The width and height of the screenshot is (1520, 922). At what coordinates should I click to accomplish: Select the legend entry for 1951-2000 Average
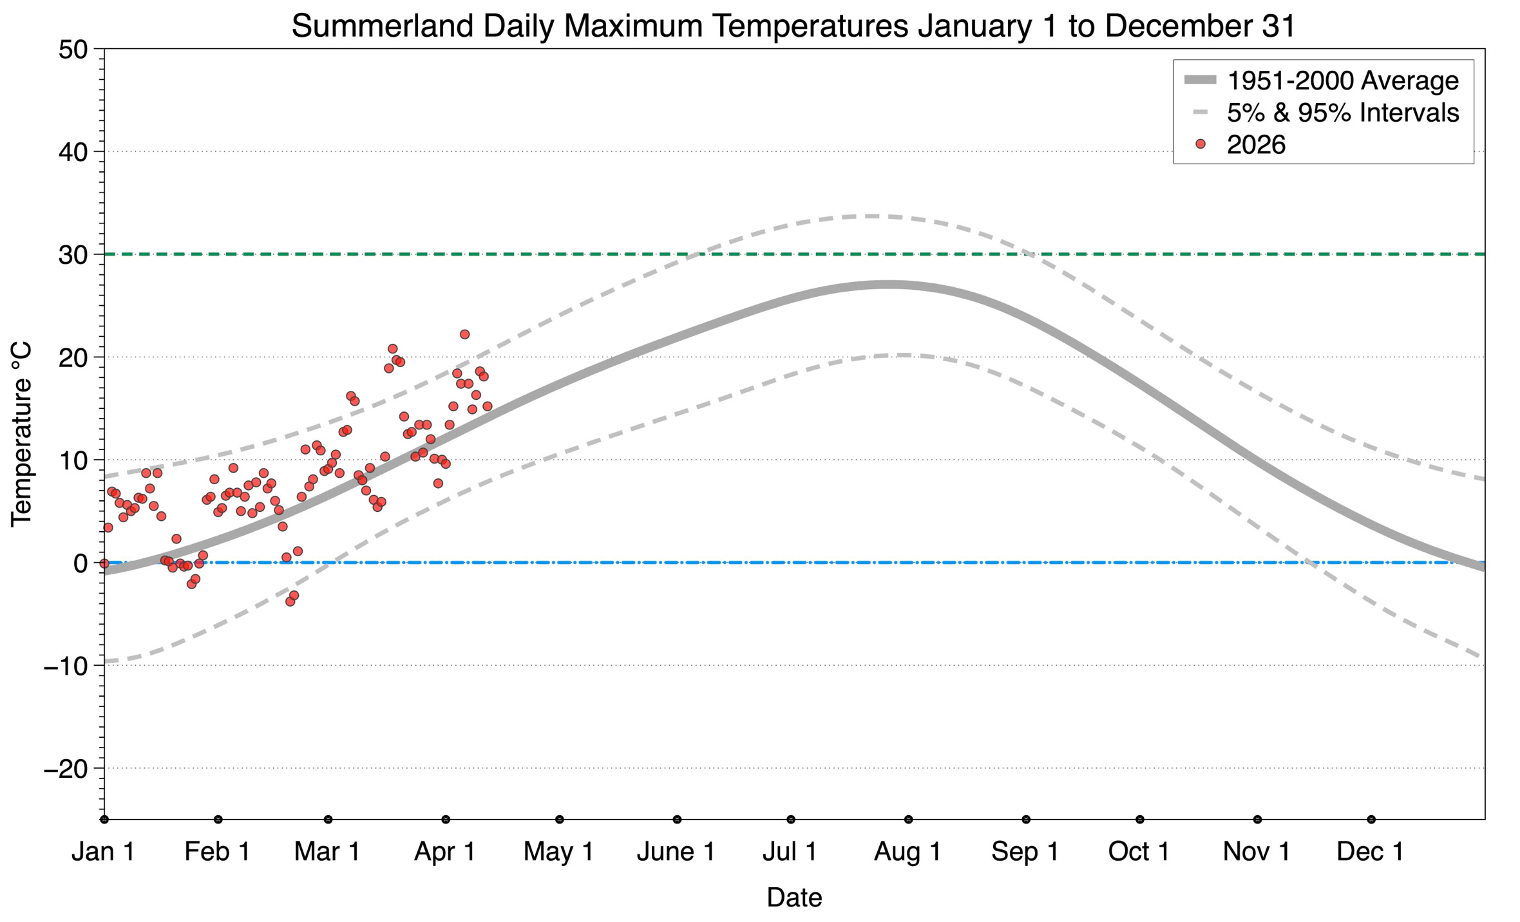[x=1342, y=80]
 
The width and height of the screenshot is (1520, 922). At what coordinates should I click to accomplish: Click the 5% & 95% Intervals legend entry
[x=1342, y=113]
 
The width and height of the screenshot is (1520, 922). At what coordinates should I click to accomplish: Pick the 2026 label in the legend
[x=1256, y=145]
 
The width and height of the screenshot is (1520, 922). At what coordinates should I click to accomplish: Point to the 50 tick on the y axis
[x=73, y=50]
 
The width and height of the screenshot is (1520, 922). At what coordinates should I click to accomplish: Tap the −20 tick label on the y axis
[x=65, y=769]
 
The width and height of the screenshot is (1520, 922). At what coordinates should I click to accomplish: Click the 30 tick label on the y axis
[x=73, y=255]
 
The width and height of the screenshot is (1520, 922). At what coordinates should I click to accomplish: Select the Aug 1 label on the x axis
[x=907, y=852]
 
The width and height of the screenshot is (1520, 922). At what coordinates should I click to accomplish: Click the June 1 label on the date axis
[x=676, y=852]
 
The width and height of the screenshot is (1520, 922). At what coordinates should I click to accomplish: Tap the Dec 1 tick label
[x=1371, y=852]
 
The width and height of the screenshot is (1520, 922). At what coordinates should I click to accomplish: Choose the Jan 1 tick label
[x=104, y=852]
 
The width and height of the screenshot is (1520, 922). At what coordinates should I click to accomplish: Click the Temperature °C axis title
[x=21, y=435]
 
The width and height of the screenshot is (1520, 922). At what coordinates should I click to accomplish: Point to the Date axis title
[x=794, y=898]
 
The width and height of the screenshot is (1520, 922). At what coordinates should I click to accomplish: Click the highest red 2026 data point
[x=464, y=334]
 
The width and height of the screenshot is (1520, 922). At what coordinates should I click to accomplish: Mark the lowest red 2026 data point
[x=290, y=601]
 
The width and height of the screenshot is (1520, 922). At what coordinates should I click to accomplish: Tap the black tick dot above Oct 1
[x=1140, y=820]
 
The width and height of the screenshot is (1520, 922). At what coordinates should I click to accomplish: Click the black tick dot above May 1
[x=560, y=820]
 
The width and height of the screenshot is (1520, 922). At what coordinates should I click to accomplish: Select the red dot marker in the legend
[x=1200, y=144]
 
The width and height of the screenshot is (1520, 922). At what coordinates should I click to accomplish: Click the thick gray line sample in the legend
[x=1200, y=80]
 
